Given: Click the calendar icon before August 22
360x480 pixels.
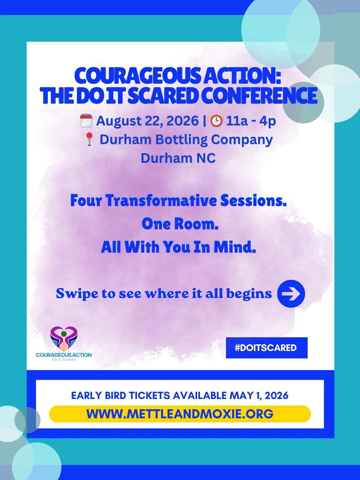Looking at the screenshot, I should point(86,121).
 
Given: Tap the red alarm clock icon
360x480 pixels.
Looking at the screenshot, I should point(217,121).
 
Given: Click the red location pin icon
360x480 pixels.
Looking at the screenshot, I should point(89,139).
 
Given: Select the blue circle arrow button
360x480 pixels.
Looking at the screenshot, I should point(291,294).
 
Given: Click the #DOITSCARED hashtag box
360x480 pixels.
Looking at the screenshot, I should point(266,348).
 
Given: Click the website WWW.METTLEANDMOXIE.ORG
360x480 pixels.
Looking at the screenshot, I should point(180,414).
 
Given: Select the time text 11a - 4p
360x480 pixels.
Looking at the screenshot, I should point(251,121).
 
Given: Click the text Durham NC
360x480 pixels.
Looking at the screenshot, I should point(178,158).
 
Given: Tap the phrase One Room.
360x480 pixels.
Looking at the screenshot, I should point(180,224).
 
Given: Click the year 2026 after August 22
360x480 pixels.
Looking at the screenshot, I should point(182,121).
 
